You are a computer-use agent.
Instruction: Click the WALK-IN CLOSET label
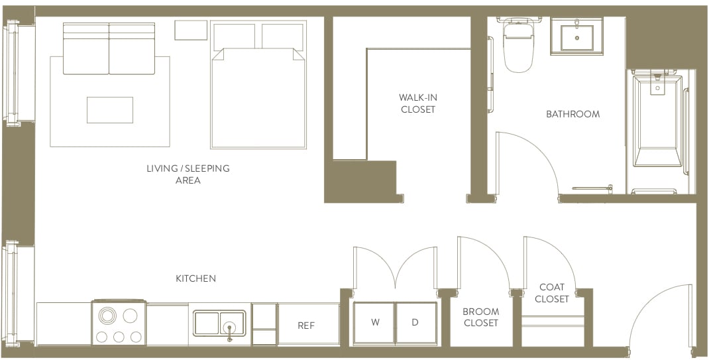[x=418, y=103]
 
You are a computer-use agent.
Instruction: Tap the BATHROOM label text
[x=573, y=114]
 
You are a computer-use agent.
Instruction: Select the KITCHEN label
[x=195, y=278]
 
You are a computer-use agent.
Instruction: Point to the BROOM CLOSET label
[x=480, y=317]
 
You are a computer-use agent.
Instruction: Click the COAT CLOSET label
[x=551, y=293]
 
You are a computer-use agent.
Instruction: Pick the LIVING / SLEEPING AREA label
[x=188, y=174]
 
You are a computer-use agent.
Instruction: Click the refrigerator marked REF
[x=306, y=325]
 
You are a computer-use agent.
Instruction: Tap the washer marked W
[x=375, y=323]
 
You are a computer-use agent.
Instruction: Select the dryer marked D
[x=415, y=323]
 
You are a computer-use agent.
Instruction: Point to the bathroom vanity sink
[x=577, y=37]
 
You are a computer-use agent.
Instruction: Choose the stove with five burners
[x=119, y=324]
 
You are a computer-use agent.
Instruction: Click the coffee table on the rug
[x=109, y=110]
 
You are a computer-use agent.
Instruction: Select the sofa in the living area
[x=109, y=49]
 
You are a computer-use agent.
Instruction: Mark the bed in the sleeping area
[x=258, y=93]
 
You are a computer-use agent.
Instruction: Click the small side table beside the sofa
[x=191, y=30]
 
